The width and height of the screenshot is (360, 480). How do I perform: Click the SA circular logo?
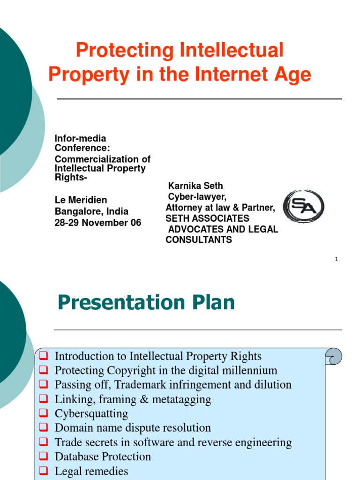[x=304, y=206]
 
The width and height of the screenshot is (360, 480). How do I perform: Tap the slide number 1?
[x=337, y=259]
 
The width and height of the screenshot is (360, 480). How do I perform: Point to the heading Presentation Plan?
[x=146, y=303]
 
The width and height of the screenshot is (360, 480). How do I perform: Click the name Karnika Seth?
[x=195, y=186]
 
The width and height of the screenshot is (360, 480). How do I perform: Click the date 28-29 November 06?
[x=98, y=223]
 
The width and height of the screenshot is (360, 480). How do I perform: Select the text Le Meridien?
[x=81, y=200]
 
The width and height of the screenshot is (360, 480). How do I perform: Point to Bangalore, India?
[x=91, y=211]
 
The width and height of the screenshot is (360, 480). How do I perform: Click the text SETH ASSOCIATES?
[x=207, y=218]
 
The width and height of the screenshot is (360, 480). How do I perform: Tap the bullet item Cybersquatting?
[x=91, y=414]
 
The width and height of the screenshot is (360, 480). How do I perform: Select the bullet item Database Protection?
[x=103, y=457]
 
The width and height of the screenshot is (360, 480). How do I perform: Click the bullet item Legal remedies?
[x=91, y=471]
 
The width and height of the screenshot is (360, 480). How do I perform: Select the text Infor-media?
[x=81, y=138]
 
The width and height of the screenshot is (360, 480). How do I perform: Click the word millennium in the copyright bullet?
[x=252, y=370]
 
